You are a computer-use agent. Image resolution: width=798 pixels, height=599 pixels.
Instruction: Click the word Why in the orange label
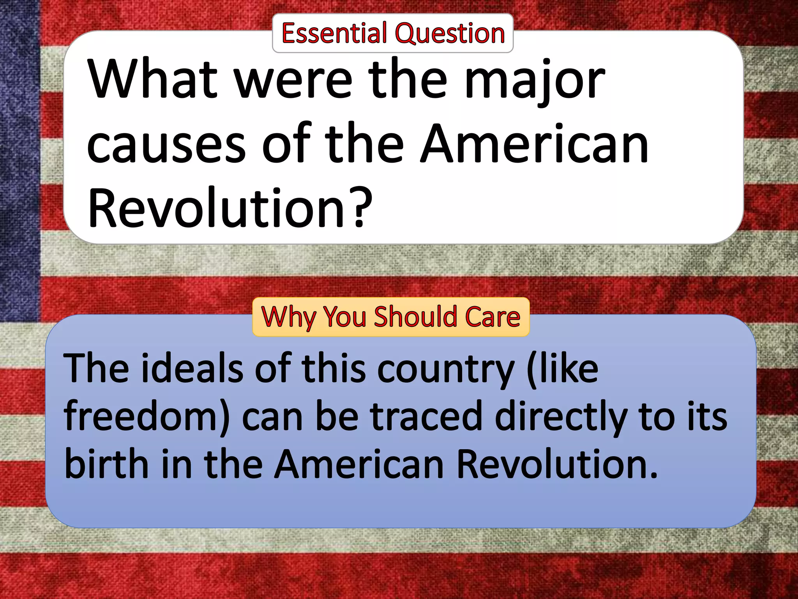point(289,317)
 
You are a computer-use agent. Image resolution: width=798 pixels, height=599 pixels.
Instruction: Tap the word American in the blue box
point(358,464)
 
